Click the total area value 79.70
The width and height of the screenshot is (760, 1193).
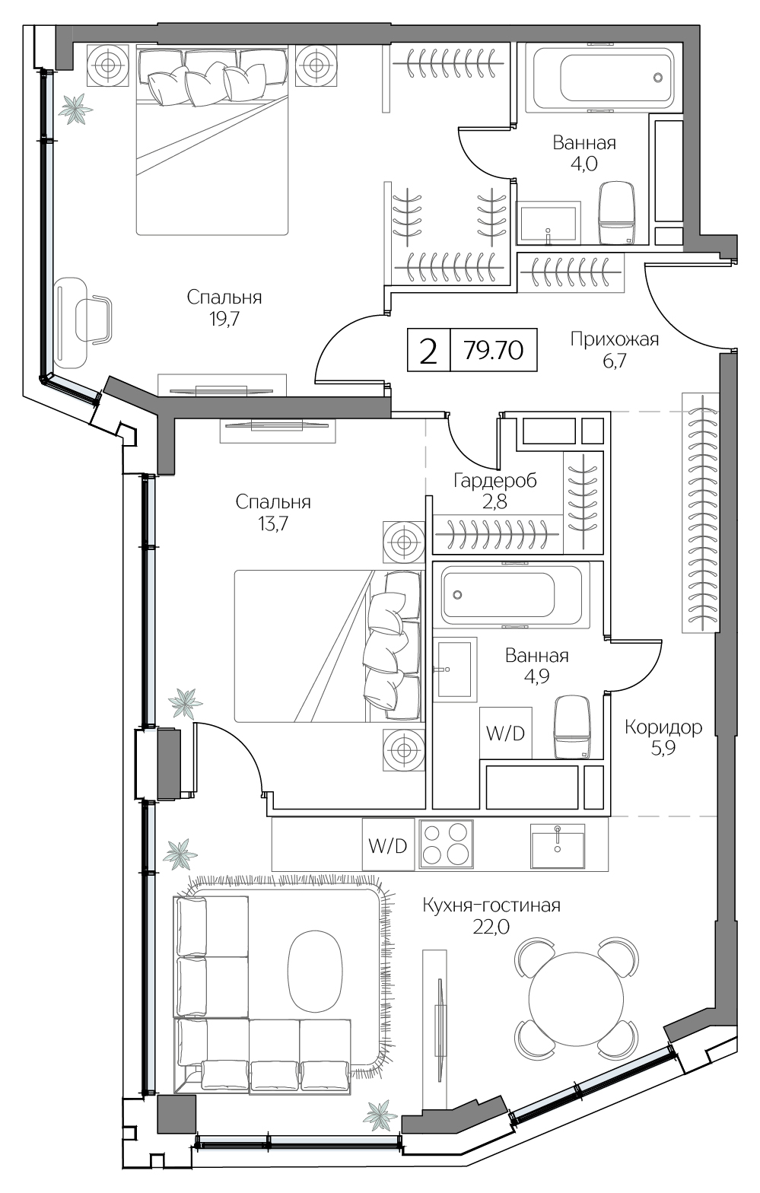(494, 351)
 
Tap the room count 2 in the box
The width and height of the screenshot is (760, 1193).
(428, 351)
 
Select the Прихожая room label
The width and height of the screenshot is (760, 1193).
(615, 339)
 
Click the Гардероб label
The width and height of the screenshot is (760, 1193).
(495, 480)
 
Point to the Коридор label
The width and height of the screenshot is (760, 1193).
(663, 727)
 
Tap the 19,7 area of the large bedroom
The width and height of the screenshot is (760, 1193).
(224, 319)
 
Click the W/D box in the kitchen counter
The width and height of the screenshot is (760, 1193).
(388, 845)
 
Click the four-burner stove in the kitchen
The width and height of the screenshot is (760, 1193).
(447, 845)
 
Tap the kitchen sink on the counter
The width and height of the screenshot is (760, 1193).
(558, 846)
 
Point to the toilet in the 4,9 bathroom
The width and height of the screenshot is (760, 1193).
(573, 727)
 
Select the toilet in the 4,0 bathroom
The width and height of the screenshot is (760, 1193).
(617, 212)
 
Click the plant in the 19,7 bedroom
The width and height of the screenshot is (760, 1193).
(75, 109)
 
